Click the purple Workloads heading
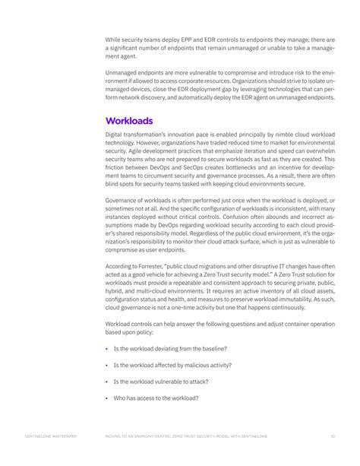pyautogui.click(x=129, y=120)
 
